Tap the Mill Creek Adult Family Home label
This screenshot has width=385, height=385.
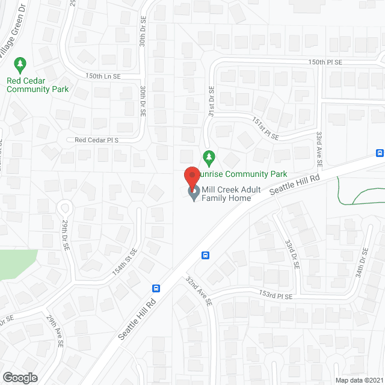point(231,193)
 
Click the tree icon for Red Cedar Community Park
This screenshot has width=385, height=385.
point(21,63)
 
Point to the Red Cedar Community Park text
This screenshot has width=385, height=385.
point(37,85)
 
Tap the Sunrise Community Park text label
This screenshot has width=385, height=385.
point(244,174)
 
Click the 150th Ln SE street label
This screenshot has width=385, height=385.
point(103,76)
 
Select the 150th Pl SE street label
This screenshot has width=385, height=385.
point(325,62)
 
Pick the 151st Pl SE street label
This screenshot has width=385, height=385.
point(265,128)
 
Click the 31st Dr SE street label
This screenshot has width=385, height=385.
point(211,98)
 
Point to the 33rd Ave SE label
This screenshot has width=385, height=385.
point(319,151)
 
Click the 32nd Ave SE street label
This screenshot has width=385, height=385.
point(199,292)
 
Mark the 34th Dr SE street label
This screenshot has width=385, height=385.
point(362,263)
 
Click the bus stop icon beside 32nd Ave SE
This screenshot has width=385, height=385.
point(205,254)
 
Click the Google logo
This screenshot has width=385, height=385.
point(20,377)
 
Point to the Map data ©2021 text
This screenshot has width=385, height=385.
point(357,380)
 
